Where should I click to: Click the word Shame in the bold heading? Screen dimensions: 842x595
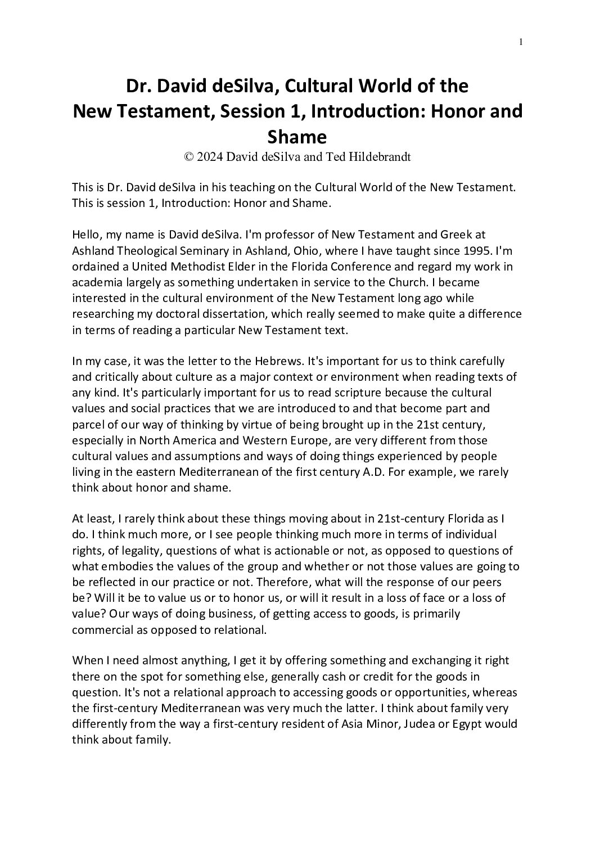point(297,137)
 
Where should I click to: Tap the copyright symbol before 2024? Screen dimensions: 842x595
point(189,157)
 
